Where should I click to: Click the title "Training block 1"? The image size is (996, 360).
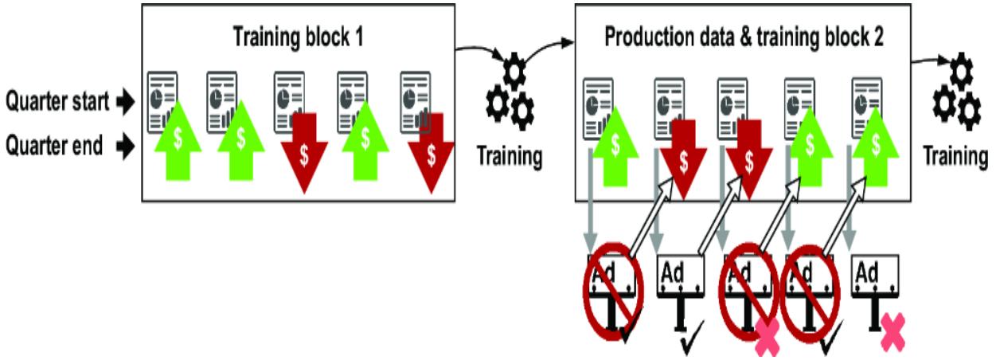[x=299, y=37]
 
